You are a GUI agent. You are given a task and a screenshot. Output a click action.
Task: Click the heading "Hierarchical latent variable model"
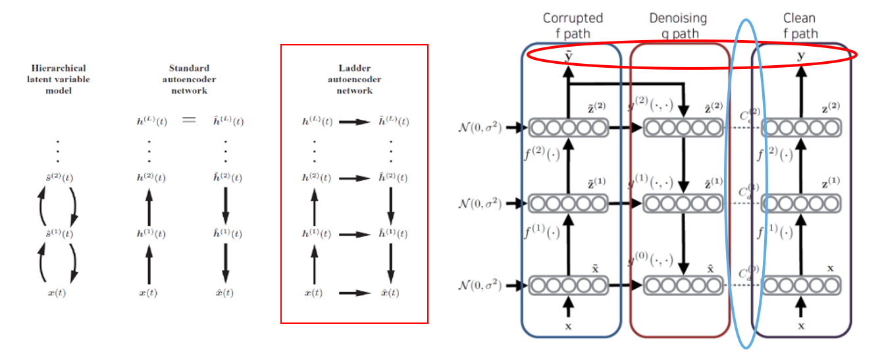click(58, 79)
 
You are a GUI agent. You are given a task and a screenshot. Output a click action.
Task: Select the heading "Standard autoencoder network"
click(189, 79)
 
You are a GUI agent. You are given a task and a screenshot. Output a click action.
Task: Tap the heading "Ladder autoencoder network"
click(354, 79)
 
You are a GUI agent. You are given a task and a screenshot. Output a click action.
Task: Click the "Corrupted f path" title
click(572, 26)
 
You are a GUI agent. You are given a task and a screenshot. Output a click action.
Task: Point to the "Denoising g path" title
click(678, 26)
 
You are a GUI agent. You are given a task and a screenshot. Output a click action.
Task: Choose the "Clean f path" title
click(799, 26)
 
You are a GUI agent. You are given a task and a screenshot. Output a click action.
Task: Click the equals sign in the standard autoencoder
click(189, 122)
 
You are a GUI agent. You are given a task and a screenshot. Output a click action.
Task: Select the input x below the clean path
click(801, 325)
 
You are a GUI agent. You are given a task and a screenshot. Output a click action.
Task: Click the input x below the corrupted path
click(569, 325)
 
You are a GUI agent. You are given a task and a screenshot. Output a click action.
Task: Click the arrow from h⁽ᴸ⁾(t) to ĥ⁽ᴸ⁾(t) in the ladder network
click(354, 122)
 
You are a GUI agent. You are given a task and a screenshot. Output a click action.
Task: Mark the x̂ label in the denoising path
click(710, 269)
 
